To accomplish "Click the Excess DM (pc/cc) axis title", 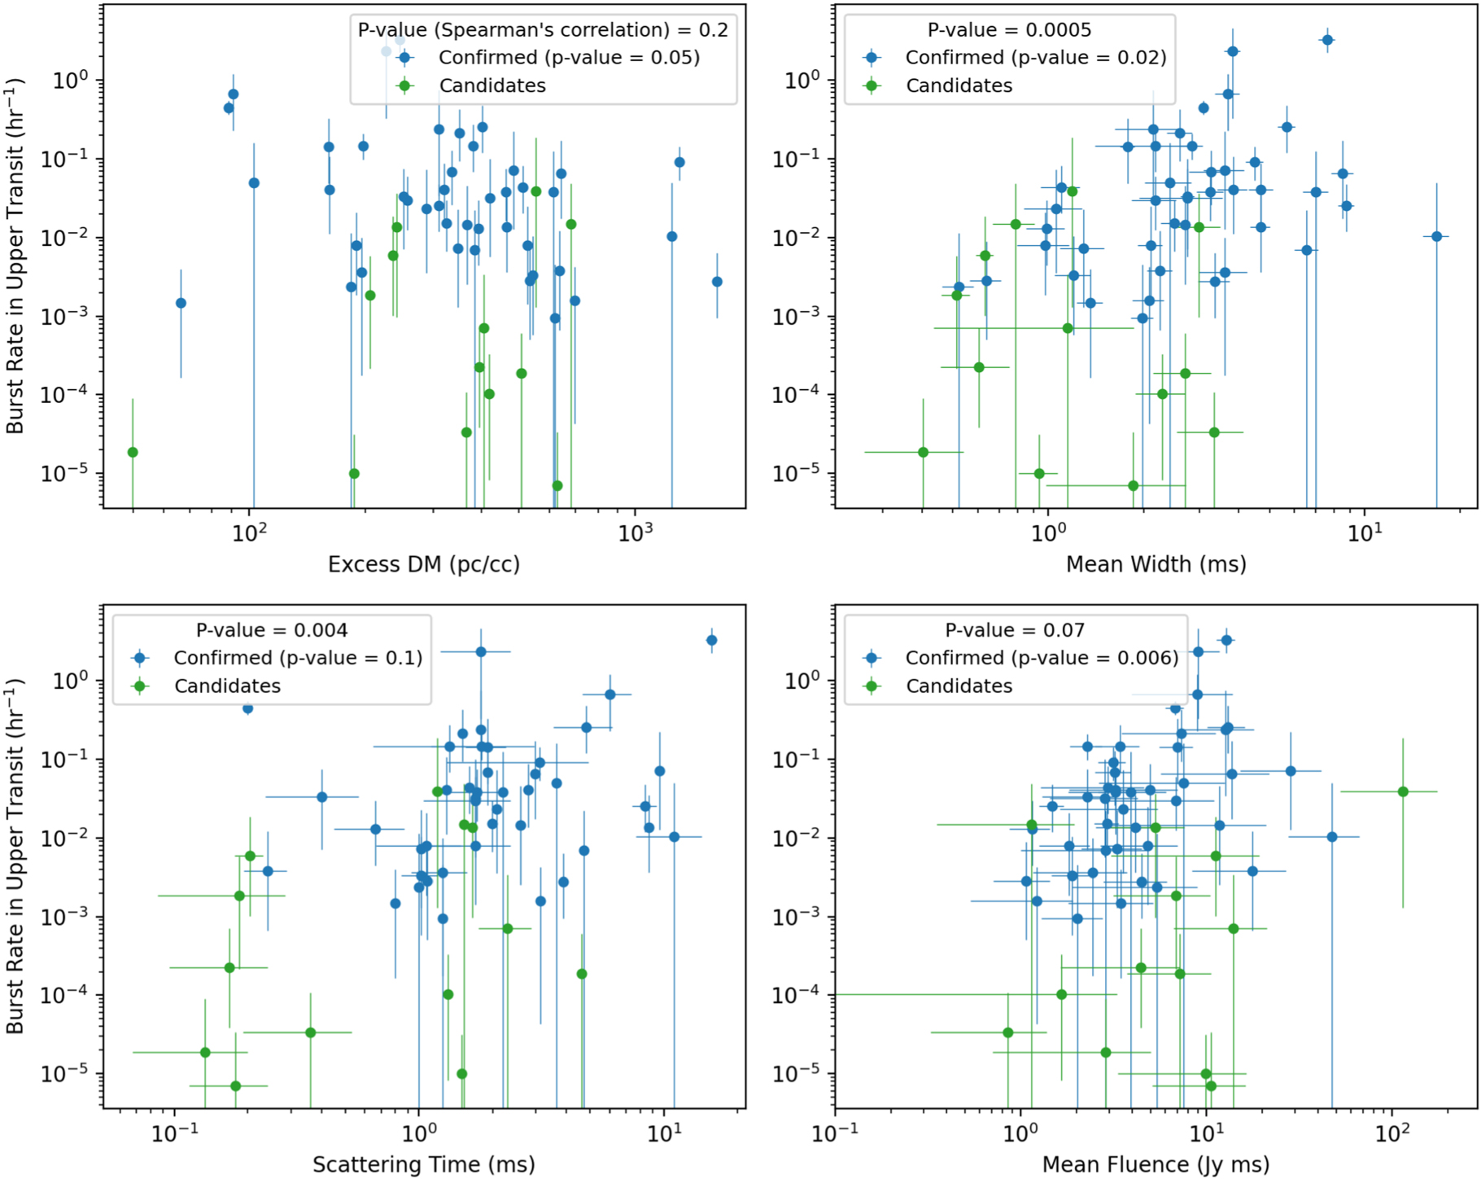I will pos(423,564).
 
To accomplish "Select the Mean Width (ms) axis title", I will pos(1156,564).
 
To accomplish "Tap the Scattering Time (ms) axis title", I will pos(423,1164).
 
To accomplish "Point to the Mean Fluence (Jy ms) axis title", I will pos(1156,1164).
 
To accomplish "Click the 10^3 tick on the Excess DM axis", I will pos(635,533).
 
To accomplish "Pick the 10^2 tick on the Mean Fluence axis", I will pos(1392,1133).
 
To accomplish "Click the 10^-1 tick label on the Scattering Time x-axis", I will pos(175,1133).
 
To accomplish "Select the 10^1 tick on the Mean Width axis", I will pos(1365,533).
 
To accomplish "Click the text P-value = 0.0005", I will pos(1009,30).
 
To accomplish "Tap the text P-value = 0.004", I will pos(272,630).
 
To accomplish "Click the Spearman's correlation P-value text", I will pos(543,30).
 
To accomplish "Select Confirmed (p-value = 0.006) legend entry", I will pos(1042,658).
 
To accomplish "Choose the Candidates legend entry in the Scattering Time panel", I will pos(227,686).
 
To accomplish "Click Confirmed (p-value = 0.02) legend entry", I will pos(1035,58).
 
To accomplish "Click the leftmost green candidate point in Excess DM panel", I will pos(133,452).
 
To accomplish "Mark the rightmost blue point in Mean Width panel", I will pos(1436,236).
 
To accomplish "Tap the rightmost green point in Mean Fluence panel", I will pos(1403,791).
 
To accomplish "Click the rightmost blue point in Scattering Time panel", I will pos(711,640).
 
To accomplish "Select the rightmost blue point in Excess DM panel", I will pos(717,282).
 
